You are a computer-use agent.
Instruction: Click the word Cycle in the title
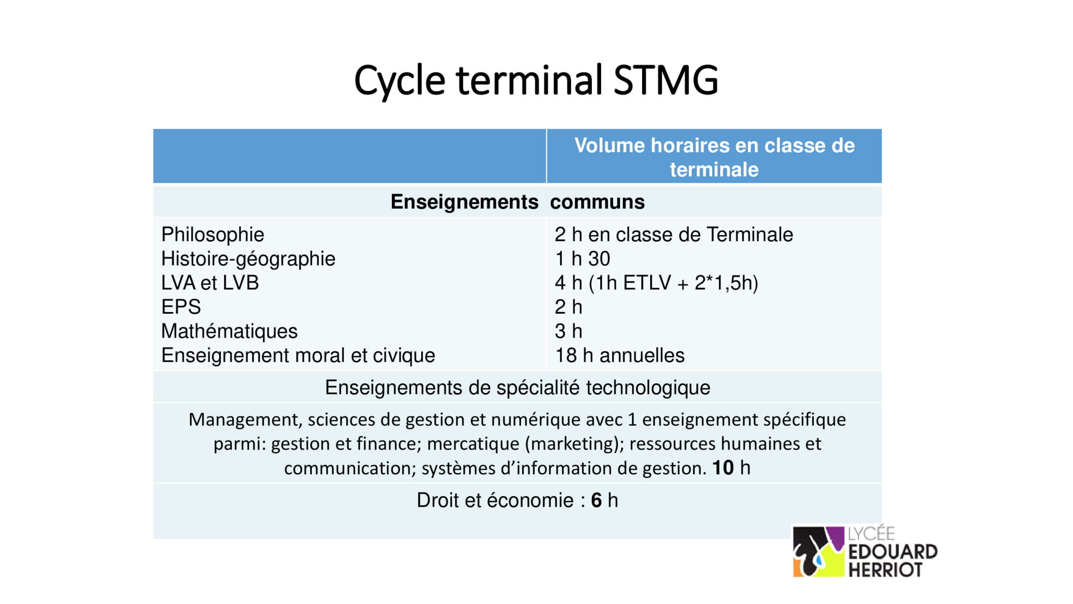pyautogui.click(x=399, y=81)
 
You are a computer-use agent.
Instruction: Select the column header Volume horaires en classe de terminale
pyautogui.click(x=714, y=157)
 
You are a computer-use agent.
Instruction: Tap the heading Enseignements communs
pyautogui.click(x=517, y=202)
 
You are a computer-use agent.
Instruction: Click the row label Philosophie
pyautogui.click(x=213, y=234)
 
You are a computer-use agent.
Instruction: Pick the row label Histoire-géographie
pyautogui.click(x=248, y=259)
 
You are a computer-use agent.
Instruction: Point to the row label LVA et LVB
pyautogui.click(x=210, y=283)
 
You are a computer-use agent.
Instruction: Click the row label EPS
pyautogui.click(x=181, y=307)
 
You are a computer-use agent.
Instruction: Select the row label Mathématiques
pyautogui.click(x=229, y=331)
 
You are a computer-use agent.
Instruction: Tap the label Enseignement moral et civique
pyautogui.click(x=298, y=356)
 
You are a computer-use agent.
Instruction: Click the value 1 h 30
pyautogui.click(x=582, y=259)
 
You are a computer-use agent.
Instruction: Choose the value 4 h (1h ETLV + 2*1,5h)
pyautogui.click(x=656, y=283)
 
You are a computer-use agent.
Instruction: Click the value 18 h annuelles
pyautogui.click(x=619, y=356)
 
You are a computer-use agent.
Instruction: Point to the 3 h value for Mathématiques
pyautogui.click(x=568, y=331)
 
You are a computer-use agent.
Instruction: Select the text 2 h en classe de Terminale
pyautogui.click(x=674, y=234)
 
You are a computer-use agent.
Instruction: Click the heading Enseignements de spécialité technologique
pyautogui.click(x=517, y=388)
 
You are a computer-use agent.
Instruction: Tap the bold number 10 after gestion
pyautogui.click(x=723, y=468)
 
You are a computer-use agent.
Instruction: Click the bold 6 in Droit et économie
pyautogui.click(x=596, y=500)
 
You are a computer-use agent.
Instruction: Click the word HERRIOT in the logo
pyautogui.click(x=885, y=570)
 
